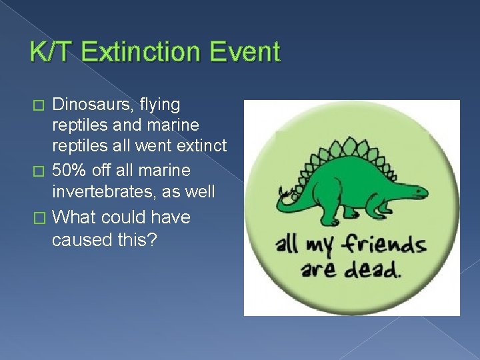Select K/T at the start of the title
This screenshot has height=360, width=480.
point(49,52)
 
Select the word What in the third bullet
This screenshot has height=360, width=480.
point(71,217)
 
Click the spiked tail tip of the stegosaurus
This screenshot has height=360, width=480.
point(285,194)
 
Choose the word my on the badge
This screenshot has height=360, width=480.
point(319,247)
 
